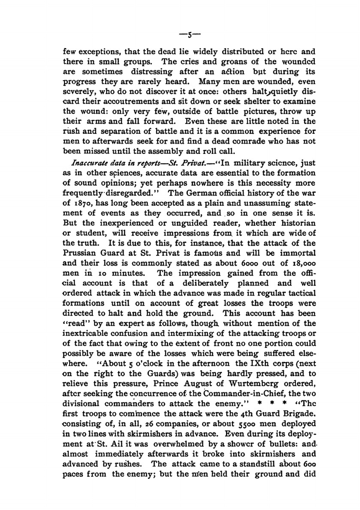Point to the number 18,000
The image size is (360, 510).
pyautogui.click(x=303, y=263)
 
